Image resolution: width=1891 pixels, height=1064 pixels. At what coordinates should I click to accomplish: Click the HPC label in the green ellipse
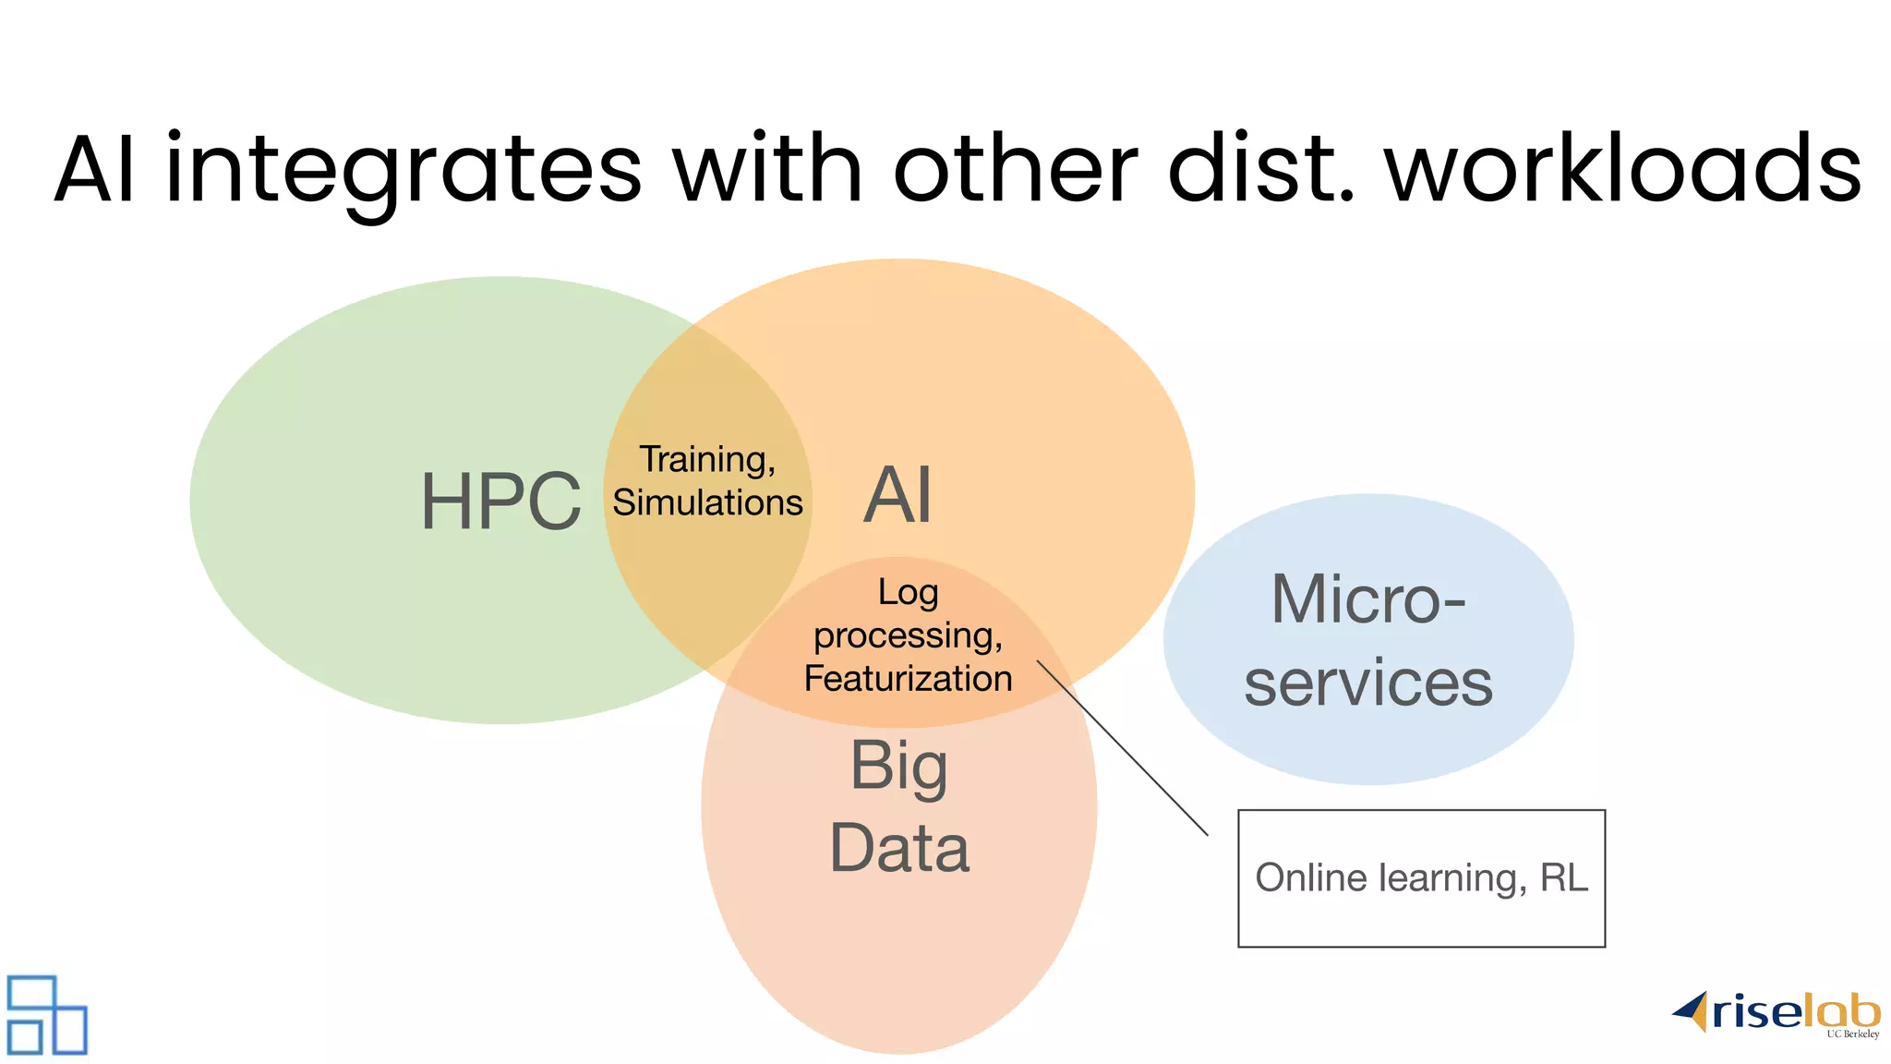pos(500,502)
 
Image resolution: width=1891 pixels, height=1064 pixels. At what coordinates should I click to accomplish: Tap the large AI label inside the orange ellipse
pos(897,496)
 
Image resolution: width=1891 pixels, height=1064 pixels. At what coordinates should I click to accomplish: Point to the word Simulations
pos(707,502)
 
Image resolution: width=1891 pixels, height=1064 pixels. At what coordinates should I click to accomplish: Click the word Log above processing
pos(908,592)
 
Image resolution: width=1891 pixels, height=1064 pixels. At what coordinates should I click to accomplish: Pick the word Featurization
pos(908,679)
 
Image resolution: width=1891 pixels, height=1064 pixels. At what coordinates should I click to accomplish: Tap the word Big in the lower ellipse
pos(898,767)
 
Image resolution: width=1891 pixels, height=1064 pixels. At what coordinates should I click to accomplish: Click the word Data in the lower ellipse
pos(899,848)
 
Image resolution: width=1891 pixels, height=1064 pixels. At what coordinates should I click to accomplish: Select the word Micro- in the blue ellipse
pos(1367,600)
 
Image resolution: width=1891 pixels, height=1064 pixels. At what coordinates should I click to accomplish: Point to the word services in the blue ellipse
pos(1367,683)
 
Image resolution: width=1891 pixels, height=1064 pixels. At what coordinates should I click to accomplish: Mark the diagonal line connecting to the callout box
pos(1122,747)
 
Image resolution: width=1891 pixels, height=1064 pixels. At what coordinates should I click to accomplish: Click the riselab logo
pos(1777,1014)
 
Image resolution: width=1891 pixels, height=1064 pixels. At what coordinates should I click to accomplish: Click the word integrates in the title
pos(403,170)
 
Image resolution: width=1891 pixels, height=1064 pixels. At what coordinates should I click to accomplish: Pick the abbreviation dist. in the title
pos(1261,170)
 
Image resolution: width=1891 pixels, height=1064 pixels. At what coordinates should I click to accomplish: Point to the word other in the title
pos(1015,170)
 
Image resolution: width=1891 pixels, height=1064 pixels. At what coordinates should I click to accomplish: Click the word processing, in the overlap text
pos(908,636)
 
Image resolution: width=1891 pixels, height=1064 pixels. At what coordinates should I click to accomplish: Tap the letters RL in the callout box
pos(1563,878)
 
